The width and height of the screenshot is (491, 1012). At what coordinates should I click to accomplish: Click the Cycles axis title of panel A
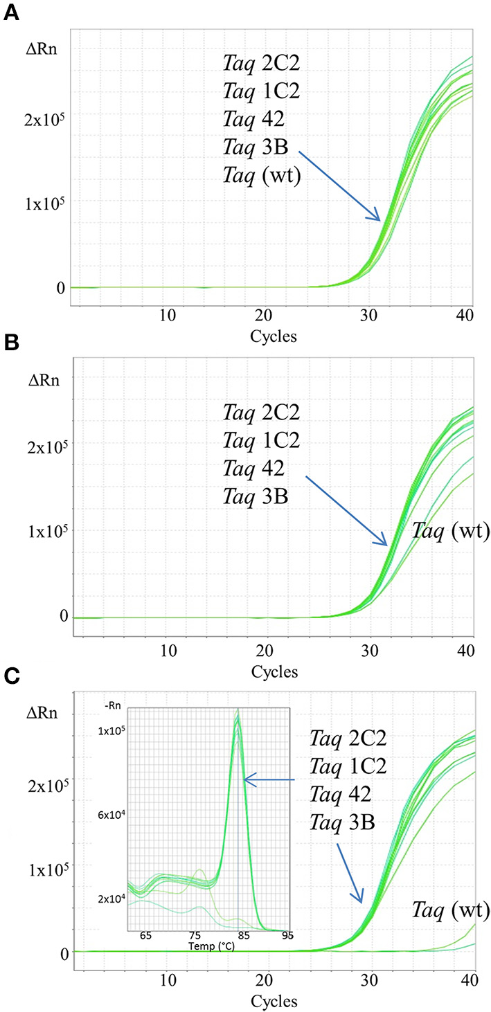pyautogui.click(x=275, y=337)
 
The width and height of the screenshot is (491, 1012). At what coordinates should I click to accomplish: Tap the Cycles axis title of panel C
pyautogui.click(x=275, y=1001)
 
